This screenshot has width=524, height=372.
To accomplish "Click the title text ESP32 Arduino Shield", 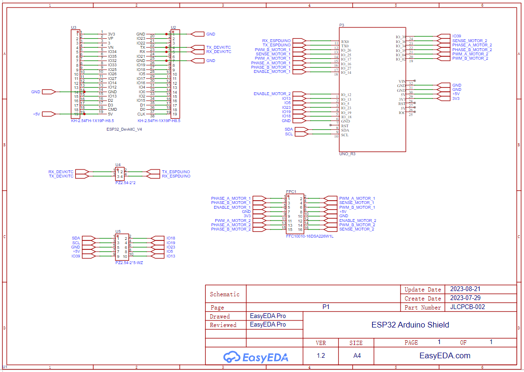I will (410, 325).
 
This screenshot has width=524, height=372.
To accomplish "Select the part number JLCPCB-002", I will (467, 307).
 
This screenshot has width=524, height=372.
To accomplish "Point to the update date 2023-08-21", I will (465, 289).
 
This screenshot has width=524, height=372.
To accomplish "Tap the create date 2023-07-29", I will (465, 298).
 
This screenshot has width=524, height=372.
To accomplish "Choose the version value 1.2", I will (321, 356).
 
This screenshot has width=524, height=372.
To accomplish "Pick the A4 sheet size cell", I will (357, 356).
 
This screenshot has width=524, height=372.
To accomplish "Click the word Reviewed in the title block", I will (223, 325).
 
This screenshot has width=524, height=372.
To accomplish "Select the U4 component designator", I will (118, 165).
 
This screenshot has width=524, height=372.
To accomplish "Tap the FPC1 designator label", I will (291, 192).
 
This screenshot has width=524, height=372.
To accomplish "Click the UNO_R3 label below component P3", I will (347, 154).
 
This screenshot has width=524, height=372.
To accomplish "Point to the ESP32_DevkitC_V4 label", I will (124, 129).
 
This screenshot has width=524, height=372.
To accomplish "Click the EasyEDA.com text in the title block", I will (445, 356).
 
